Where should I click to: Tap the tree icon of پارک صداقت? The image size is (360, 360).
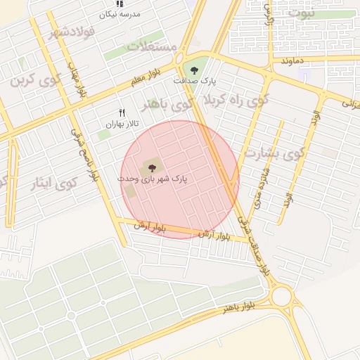[x=194, y=70]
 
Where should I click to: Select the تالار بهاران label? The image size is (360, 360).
[x=119, y=124]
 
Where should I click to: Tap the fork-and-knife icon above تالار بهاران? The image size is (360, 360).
[x=122, y=112]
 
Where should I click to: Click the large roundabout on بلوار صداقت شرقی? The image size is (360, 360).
[x=282, y=296]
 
